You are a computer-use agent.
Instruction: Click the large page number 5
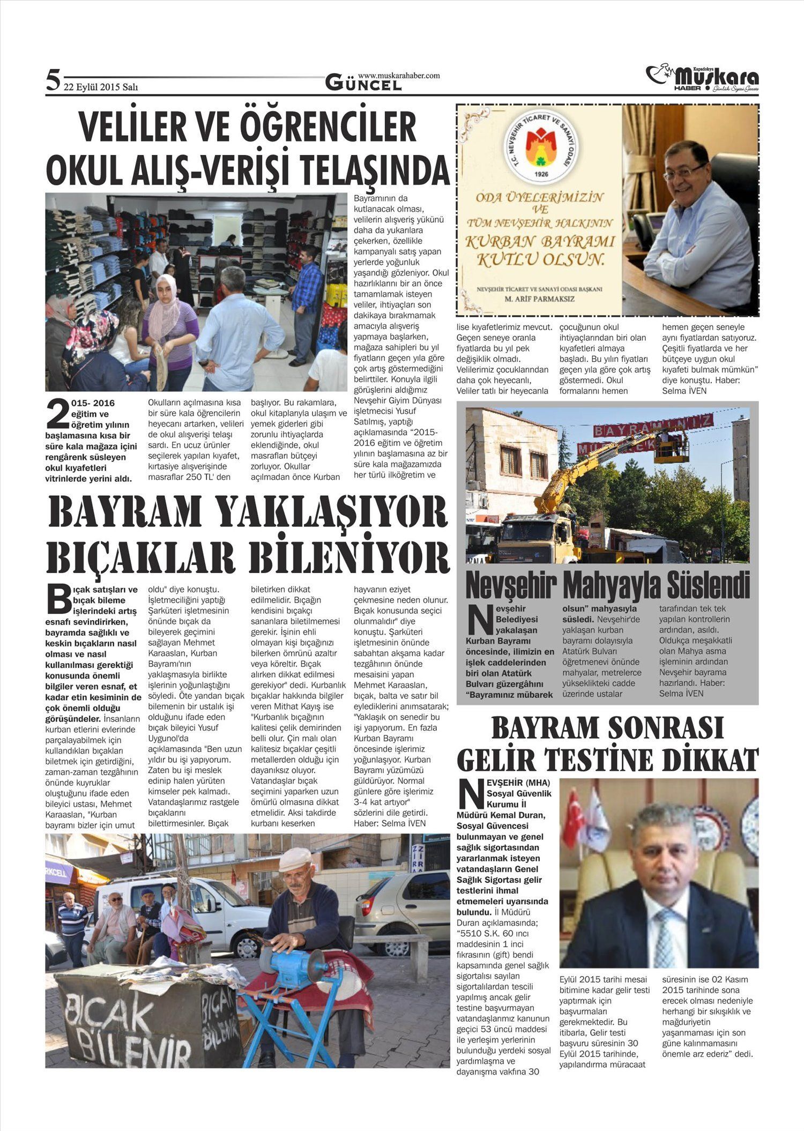[x=53, y=80]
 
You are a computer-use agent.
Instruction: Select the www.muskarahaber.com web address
[x=399, y=76]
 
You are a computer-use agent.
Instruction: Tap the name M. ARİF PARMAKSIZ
[x=539, y=299]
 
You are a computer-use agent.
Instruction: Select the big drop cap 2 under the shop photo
[x=58, y=415]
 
